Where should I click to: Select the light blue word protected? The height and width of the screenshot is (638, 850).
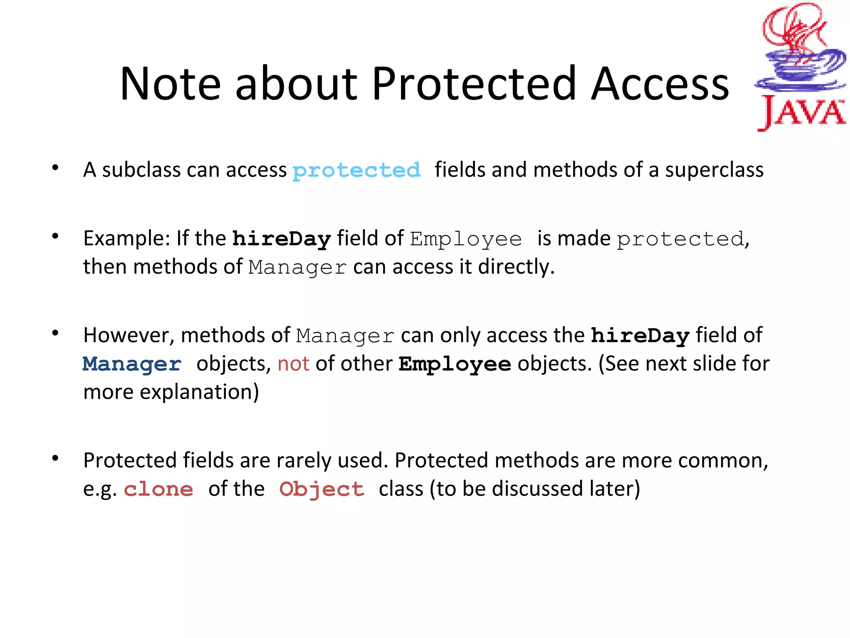357,170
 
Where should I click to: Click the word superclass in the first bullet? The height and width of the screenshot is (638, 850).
714,170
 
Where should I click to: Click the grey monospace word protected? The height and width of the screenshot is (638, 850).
682,239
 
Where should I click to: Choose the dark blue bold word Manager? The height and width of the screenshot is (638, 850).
132,364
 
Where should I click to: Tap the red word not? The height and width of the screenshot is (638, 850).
293,364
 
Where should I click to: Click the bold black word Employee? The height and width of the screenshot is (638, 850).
455,364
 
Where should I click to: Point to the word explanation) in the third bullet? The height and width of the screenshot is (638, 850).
199,392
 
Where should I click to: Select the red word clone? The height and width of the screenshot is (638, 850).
159,489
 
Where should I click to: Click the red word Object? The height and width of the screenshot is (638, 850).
322,489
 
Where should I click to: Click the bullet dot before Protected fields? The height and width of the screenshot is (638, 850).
55,459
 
